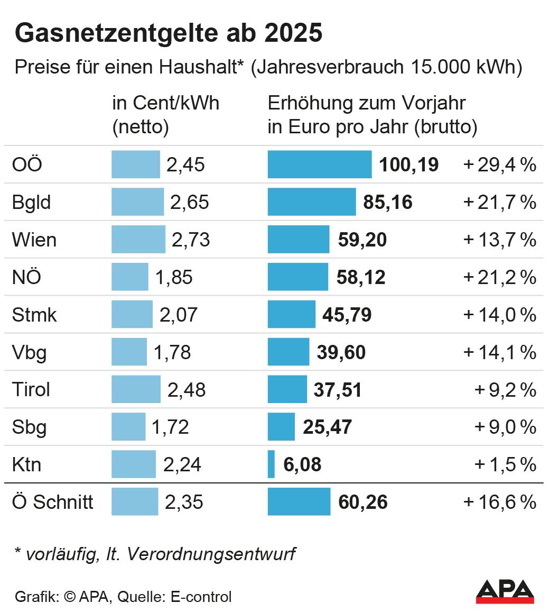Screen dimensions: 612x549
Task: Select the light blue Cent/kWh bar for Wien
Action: point(138,240)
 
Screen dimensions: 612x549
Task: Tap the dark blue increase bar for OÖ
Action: point(319,165)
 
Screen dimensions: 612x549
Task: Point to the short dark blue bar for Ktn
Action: point(271,464)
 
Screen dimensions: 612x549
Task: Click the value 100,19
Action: point(408,165)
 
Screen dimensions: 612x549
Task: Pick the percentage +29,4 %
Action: point(499,165)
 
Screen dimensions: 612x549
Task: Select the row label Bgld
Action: point(31,203)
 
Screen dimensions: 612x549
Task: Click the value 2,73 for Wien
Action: point(191,240)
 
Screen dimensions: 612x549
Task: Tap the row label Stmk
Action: point(34,315)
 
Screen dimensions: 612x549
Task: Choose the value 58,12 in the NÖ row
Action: point(361,278)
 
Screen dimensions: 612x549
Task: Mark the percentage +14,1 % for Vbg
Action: point(499,352)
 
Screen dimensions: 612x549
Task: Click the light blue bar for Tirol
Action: point(136,389)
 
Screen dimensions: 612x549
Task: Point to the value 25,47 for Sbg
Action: point(327,427)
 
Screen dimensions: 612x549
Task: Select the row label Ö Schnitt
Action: point(52,502)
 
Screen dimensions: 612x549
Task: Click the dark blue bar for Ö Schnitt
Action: point(299,501)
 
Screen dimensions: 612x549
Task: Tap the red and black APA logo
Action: point(505,591)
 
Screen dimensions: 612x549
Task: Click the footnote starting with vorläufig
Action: point(155,554)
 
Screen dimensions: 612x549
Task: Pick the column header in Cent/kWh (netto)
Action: point(165,115)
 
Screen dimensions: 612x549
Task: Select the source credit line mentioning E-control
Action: point(123,597)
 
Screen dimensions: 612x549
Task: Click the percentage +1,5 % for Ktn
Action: point(505,465)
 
